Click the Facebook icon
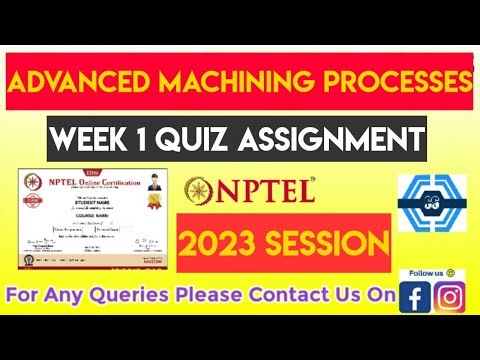413,297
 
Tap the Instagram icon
449,297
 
